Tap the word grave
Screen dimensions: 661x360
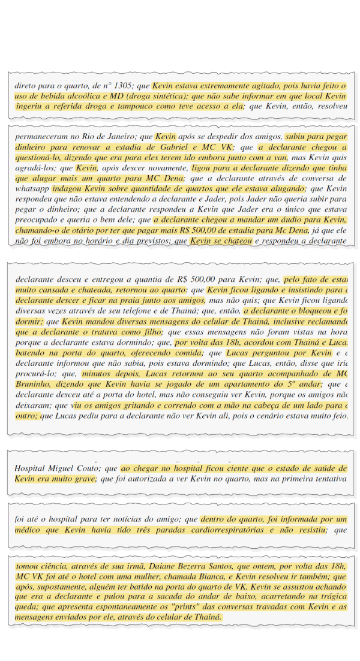(84, 479)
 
